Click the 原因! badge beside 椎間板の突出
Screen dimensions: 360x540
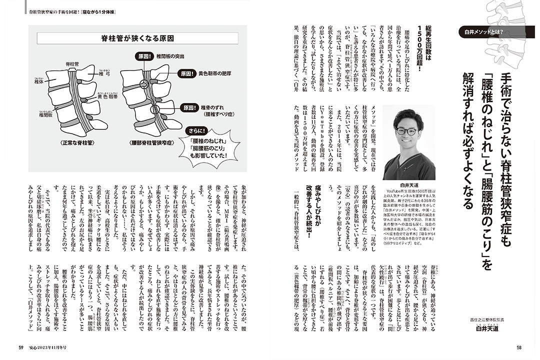pos(144,56)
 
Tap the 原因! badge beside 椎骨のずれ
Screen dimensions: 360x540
pos(189,107)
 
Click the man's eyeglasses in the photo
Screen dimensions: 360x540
pos(406,131)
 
